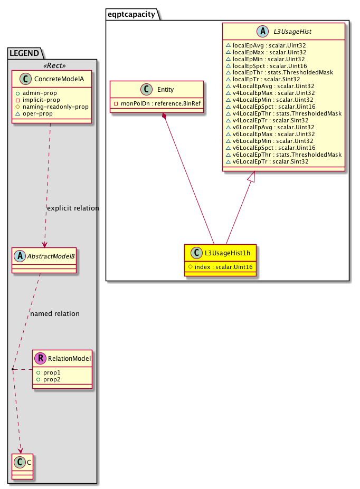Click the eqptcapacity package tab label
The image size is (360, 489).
point(132,15)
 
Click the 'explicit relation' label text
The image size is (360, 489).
point(73,208)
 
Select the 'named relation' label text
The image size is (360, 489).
point(55,313)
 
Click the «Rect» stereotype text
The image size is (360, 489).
point(52,65)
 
